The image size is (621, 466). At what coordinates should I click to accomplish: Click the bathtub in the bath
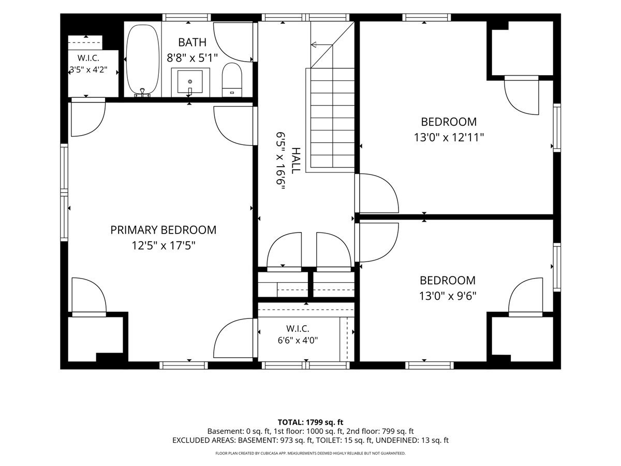[x=142, y=60]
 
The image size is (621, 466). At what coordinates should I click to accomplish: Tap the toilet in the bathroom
[x=232, y=80]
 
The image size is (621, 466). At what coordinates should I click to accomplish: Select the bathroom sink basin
[x=190, y=81]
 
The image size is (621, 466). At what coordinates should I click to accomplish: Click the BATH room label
[x=192, y=42]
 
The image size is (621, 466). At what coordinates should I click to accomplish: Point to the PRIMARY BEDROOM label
[x=163, y=230]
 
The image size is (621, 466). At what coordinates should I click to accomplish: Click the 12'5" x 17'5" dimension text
[x=164, y=245]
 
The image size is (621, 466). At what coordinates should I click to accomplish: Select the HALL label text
[x=295, y=161]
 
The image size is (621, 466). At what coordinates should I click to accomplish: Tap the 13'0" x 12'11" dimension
[x=449, y=138]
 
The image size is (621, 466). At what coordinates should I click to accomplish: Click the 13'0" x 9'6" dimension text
[x=448, y=296]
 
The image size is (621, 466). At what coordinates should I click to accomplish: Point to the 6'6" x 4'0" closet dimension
[x=298, y=340]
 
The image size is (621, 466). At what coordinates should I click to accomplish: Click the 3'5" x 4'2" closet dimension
[x=88, y=69]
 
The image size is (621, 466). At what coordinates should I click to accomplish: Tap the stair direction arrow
[x=322, y=45]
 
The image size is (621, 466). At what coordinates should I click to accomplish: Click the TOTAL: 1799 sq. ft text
[x=310, y=422]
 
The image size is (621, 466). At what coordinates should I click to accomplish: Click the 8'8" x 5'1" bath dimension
[x=192, y=58]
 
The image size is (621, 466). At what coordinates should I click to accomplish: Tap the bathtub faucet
[x=143, y=92]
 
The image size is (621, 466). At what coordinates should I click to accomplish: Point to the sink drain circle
[x=190, y=81]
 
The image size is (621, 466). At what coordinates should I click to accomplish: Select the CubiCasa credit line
[x=310, y=453]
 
